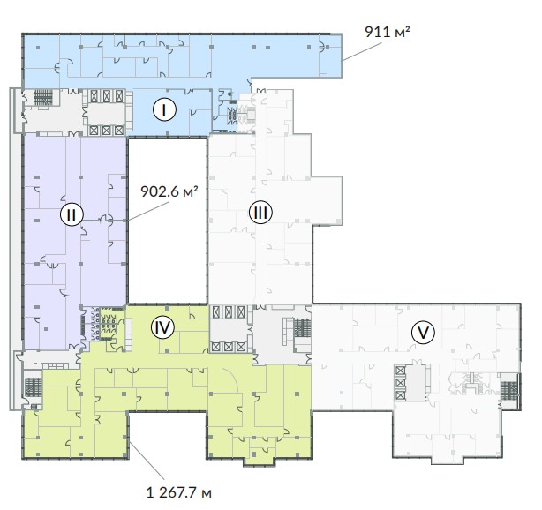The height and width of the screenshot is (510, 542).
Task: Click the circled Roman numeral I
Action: [x=164, y=109]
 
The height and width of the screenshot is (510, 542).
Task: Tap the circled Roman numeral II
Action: [x=72, y=214]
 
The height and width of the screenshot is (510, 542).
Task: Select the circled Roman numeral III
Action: [x=260, y=212]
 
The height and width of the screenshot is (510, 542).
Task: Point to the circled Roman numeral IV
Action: [x=162, y=327]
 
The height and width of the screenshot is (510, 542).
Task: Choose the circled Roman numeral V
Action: [x=423, y=333]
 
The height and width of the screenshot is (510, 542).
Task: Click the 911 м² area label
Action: [x=388, y=32]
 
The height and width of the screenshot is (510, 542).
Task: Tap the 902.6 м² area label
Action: [x=169, y=191]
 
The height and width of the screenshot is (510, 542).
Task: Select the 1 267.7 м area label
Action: [x=178, y=492]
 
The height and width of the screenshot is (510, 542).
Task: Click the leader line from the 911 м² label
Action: [x=362, y=52]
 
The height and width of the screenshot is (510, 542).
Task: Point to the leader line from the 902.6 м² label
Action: [x=147, y=212]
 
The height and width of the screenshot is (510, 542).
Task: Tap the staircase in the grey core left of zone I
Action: [x=43, y=97]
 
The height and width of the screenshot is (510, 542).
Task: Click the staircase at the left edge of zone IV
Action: [x=34, y=387]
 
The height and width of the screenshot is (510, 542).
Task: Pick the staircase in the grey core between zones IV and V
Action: [x=302, y=327]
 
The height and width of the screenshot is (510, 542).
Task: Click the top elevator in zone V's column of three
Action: [x=400, y=371]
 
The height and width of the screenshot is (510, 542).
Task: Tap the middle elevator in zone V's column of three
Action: [x=400, y=383]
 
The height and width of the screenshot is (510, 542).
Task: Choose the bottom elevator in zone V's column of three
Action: [x=400, y=394]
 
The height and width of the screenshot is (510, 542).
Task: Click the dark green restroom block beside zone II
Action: [x=109, y=324]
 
